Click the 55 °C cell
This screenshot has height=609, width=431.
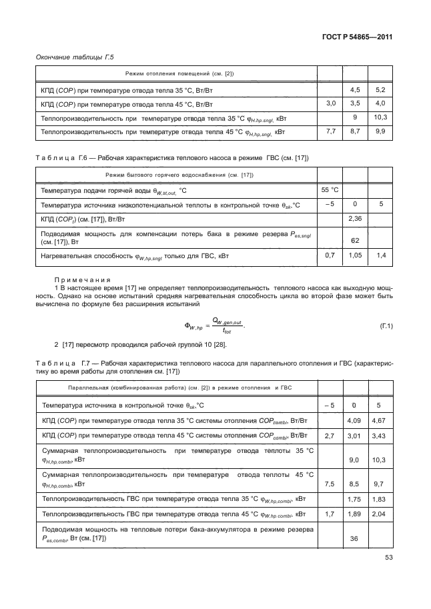[x=330, y=189]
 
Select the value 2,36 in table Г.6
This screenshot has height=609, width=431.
[x=355, y=218]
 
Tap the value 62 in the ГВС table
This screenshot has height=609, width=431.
[x=355, y=239]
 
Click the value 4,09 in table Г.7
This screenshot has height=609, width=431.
[x=355, y=420]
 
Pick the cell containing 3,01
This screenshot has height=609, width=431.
[x=355, y=436]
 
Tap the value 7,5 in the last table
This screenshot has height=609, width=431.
[x=329, y=484]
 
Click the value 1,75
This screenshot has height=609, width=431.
[x=355, y=500]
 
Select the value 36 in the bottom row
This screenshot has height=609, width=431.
[x=355, y=540]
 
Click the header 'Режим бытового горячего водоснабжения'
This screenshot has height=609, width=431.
[x=175, y=175]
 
